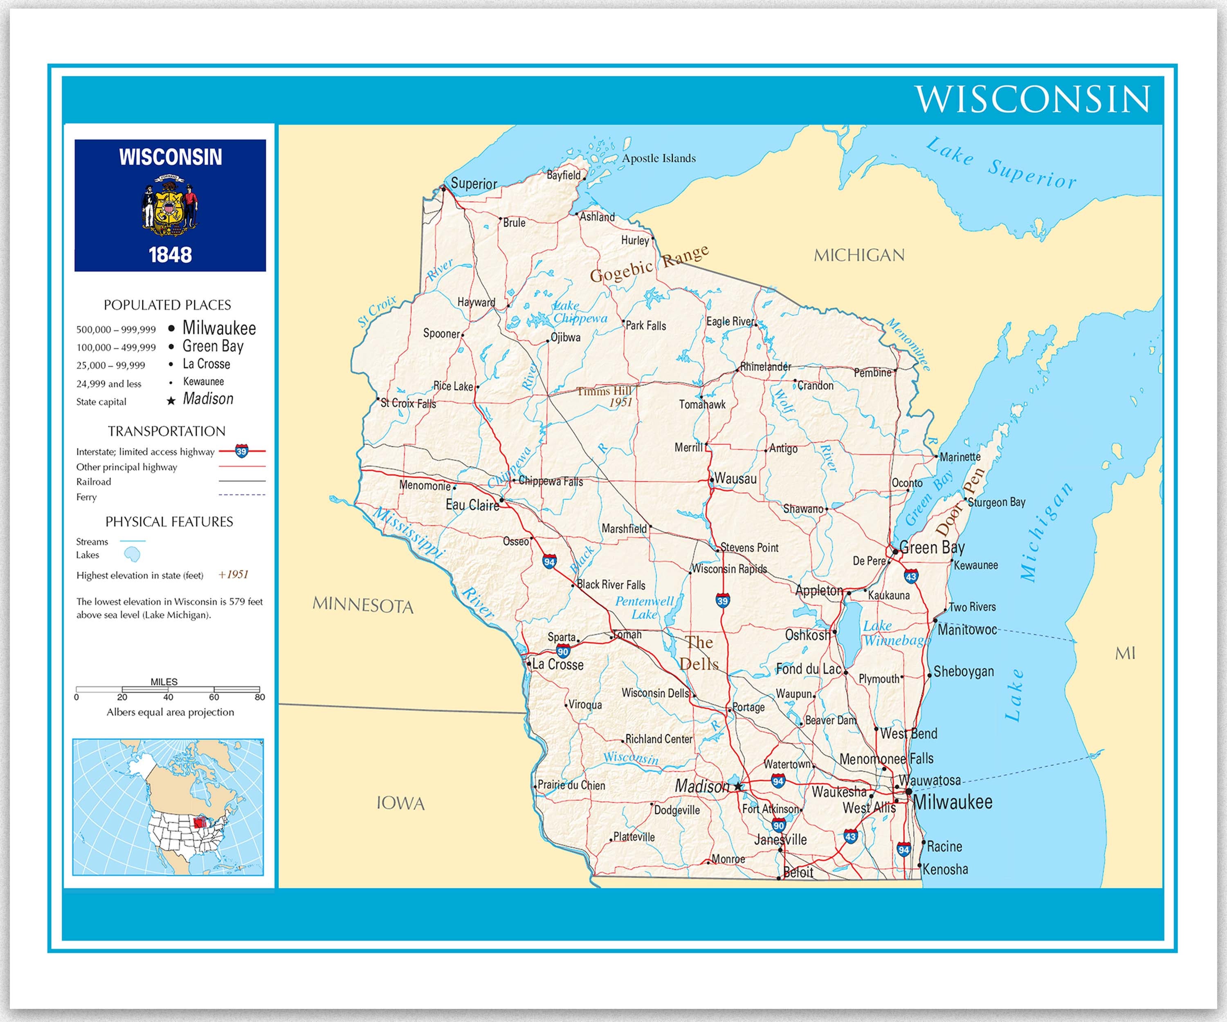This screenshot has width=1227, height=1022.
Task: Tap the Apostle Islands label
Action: point(658,158)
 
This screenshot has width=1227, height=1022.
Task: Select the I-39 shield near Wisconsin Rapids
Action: point(723,601)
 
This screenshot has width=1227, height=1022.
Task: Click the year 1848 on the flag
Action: point(170,255)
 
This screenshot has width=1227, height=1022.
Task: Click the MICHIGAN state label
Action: point(859,255)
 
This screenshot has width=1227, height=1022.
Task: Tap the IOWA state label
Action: point(400,804)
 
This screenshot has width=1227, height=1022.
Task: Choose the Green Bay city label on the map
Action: point(932,547)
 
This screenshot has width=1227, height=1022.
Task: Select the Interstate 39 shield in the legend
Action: point(241,451)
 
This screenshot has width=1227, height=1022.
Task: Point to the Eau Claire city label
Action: point(472,504)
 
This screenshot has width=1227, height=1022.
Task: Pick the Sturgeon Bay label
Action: point(996,502)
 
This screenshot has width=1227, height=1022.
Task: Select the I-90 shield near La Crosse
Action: point(563,652)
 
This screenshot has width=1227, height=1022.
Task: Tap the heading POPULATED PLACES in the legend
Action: point(167,305)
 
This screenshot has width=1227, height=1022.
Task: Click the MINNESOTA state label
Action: point(363,605)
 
